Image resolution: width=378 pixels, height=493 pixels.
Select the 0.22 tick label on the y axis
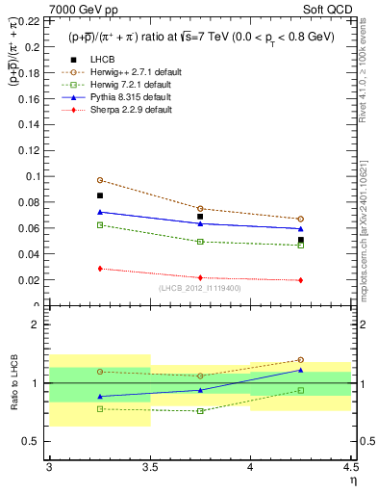[x=32, y=20]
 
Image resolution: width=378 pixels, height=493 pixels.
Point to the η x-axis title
[x=353, y=480]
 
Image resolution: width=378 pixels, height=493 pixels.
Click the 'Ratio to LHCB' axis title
[x=13, y=383]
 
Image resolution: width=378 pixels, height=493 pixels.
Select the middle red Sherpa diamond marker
[x=200, y=277]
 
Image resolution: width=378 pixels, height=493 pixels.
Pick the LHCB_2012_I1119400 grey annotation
[x=200, y=288]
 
